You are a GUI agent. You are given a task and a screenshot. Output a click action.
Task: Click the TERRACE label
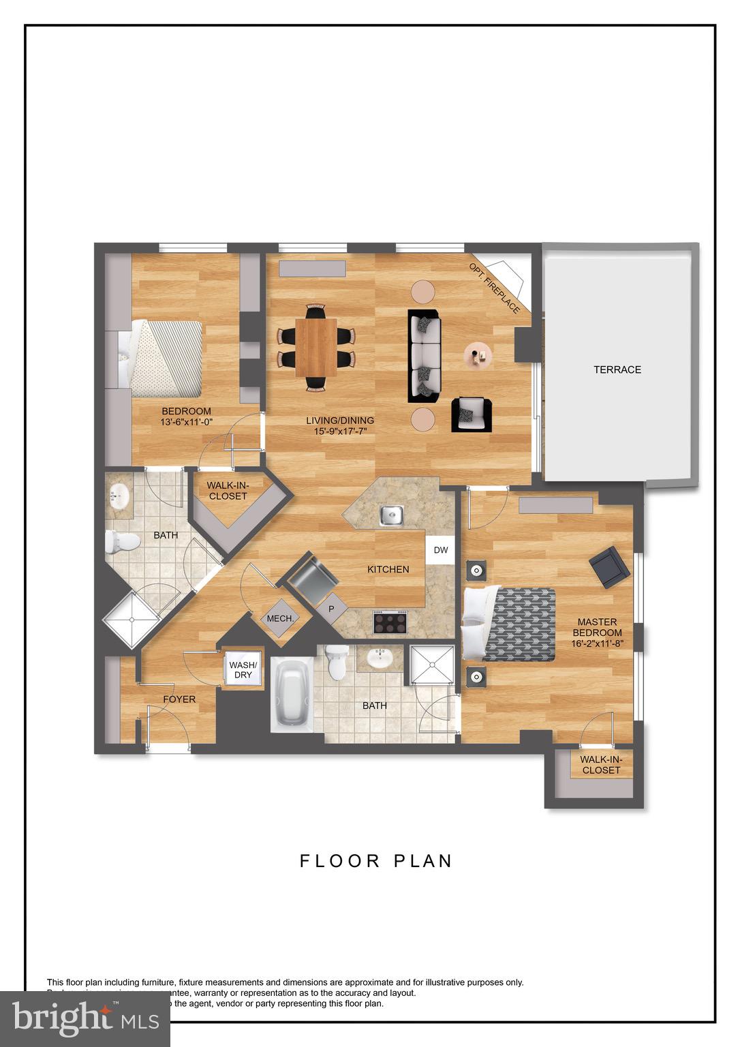(x=617, y=369)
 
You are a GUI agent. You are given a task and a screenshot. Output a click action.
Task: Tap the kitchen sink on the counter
(x=391, y=515)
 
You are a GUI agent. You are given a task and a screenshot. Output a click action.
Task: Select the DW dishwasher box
(x=441, y=550)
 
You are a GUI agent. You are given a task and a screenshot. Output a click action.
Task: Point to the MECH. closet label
(x=280, y=619)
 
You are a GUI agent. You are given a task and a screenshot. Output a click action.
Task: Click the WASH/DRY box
(x=243, y=669)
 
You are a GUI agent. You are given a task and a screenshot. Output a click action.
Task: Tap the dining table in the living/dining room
(x=316, y=348)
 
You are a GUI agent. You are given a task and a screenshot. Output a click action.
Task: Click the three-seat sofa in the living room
(x=424, y=356)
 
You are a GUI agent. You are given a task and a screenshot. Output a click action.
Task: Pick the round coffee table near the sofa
(x=480, y=355)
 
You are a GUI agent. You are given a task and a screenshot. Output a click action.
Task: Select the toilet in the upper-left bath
(x=122, y=543)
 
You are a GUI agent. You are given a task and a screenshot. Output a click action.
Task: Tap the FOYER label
(x=179, y=699)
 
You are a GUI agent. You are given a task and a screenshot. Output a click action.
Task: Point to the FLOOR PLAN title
(x=376, y=861)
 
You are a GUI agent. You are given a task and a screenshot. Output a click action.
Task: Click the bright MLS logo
(x=85, y=1018)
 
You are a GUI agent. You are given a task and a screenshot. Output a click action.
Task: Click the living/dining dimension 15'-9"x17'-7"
(x=340, y=431)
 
